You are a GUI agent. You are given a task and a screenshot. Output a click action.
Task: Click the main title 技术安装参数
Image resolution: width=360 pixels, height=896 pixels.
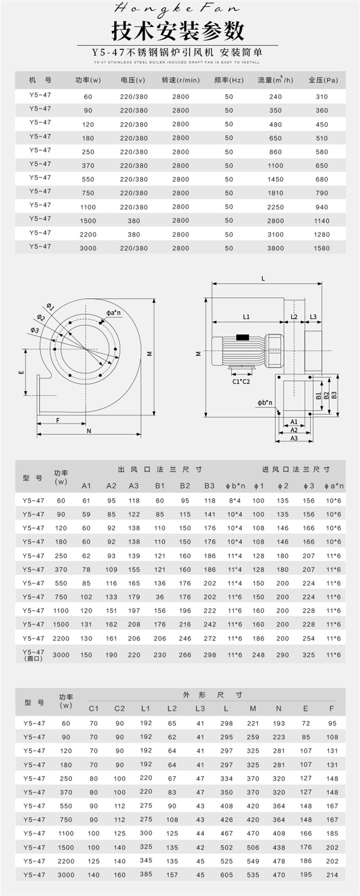coord(178,32)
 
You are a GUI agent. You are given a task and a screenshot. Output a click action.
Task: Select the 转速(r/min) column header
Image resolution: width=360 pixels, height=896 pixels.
coord(181,80)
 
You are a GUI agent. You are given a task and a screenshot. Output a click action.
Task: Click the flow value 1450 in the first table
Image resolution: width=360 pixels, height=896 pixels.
coord(275,179)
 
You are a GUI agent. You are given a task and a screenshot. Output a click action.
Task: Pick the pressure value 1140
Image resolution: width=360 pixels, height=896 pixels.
coord(321,221)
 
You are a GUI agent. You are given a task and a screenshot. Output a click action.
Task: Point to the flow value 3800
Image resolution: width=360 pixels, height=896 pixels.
coord(275,248)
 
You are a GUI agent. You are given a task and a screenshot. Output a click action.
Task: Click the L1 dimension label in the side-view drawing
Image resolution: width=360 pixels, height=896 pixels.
coord(246,317)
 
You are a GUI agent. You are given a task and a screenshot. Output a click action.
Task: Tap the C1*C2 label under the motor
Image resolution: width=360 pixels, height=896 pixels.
coord(241,381)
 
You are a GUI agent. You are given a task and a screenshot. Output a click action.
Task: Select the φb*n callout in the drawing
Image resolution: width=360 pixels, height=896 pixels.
coord(265,403)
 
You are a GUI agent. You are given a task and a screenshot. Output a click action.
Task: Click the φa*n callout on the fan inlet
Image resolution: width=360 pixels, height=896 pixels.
coord(114,313)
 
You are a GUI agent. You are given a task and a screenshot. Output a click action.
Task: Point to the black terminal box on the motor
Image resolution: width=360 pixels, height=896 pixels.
coord(242,338)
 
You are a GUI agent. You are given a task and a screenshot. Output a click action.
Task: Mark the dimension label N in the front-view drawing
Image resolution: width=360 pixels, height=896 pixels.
coord(89,431)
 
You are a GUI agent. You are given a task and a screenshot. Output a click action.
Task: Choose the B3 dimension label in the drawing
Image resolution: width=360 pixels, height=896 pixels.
coord(334,395)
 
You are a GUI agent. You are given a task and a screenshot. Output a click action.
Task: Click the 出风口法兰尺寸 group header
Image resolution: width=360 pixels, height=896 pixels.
coord(160,469)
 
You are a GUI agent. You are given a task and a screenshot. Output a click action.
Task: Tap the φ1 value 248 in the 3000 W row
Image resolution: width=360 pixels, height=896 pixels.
coord(258,655)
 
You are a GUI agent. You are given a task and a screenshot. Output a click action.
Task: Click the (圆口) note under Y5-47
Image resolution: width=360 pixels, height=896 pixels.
coord(33,659)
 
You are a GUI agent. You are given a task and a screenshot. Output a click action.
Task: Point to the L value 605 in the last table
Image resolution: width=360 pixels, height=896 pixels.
coord(226,875)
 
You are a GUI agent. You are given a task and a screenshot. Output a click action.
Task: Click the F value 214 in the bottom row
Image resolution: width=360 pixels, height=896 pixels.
coord(332,875)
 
